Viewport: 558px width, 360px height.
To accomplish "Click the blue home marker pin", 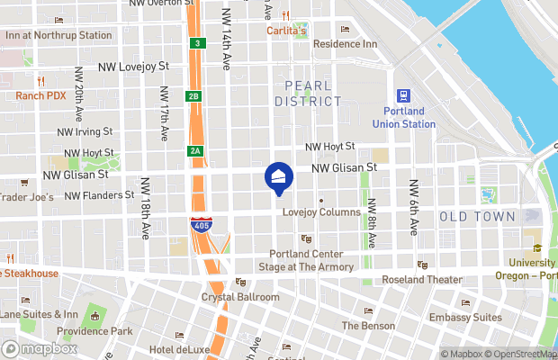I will point(278,176).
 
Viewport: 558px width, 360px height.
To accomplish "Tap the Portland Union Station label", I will point(404,117).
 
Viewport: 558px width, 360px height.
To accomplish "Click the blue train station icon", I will point(404,96).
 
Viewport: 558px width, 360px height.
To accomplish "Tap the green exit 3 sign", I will point(194,42).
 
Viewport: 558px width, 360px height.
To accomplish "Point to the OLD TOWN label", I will point(477,217).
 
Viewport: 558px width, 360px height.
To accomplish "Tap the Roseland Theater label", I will point(422,279).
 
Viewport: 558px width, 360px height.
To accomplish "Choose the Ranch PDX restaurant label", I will point(40,94).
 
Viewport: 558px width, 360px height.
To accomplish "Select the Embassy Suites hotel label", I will point(465,318).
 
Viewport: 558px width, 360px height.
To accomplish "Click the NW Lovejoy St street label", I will point(134,67).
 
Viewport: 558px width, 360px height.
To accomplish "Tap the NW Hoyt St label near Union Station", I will point(330,147).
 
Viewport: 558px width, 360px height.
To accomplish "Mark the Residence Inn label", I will point(345,43).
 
